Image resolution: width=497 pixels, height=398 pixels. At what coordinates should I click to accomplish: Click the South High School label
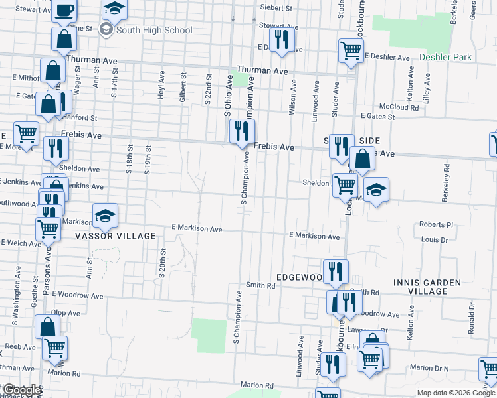click(153, 30)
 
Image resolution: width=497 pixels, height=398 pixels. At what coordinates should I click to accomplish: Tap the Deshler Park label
click(445, 57)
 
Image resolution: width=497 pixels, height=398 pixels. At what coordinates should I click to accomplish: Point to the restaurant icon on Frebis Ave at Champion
click(242, 131)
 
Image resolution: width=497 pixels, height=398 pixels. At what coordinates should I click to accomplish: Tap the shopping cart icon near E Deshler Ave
click(350, 50)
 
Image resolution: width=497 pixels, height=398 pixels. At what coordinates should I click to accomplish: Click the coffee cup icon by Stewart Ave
click(64, 10)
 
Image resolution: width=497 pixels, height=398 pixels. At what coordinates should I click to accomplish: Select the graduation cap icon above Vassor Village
click(105, 215)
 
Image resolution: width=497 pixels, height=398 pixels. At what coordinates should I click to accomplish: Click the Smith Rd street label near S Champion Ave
click(260, 285)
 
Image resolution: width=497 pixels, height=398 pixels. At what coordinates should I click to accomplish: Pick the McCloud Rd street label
click(399, 107)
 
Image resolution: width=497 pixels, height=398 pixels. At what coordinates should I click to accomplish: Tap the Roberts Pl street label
click(435, 225)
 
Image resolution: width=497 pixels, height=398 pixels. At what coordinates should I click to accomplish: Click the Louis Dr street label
click(434, 239)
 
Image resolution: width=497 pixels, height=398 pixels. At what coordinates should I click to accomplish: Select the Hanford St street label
click(81, 118)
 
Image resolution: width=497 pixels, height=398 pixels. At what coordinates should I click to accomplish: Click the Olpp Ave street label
click(66, 312)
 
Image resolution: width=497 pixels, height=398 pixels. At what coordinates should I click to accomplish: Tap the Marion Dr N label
click(429, 368)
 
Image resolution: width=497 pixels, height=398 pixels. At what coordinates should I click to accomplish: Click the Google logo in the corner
click(21, 391)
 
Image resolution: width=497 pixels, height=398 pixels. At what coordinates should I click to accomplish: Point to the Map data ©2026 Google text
click(455, 393)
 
